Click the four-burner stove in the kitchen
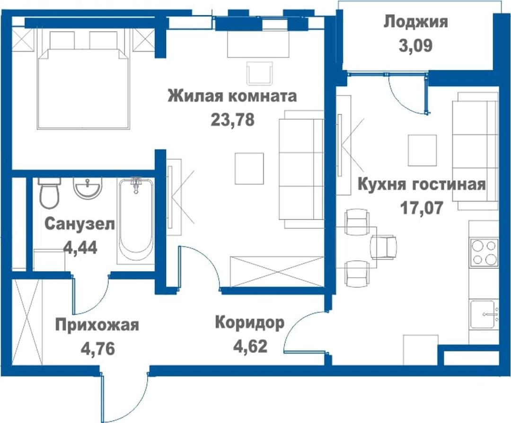tap(484, 253)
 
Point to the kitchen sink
tap(485, 314)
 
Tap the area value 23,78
tap(233, 120)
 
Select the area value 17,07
tap(422, 208)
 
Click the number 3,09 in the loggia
tap(416, 45)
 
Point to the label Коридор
tap(250, 323)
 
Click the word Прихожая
tap(97, 325)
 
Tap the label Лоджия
tap(416, 22)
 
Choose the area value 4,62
tap(250, 346)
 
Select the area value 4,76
tap(98, 349)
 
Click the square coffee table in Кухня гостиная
tap(423, 150)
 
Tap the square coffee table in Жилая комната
tap(249, 168)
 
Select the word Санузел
tap(79, 224)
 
